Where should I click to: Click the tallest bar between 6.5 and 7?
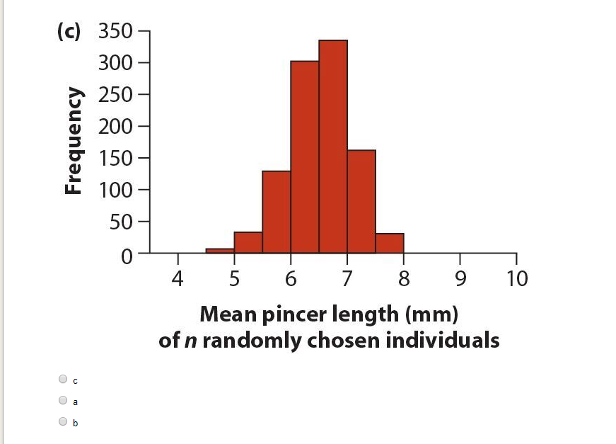332,146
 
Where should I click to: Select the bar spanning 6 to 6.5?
304,156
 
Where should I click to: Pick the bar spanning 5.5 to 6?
276,211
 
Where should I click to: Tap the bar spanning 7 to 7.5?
361,201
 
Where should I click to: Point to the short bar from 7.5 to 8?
389,243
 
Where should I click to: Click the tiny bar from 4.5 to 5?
219,250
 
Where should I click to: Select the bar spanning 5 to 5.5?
248,242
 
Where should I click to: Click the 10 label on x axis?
516,278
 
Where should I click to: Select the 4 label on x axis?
178,278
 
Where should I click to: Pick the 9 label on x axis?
460,278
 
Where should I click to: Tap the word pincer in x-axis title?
295,314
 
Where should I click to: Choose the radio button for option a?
64,400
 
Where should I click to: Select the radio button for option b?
64,422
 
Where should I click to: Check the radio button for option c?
64,379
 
